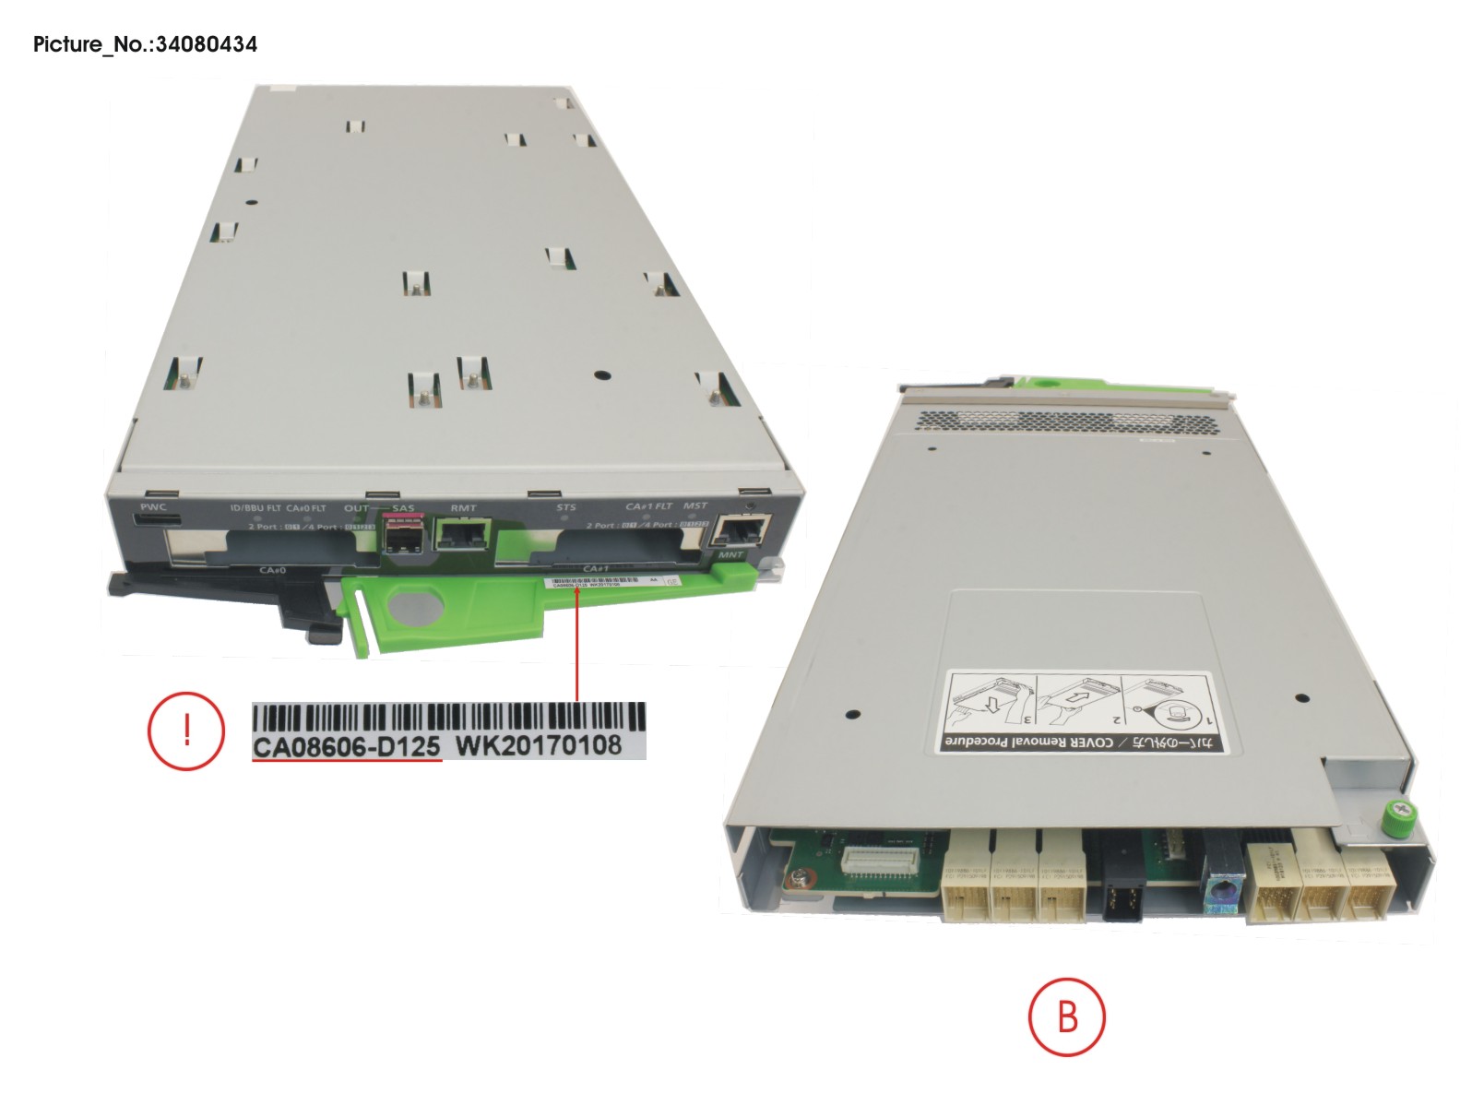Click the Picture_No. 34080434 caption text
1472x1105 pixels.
click(x=145, y=44)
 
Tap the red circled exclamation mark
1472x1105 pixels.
click(x=185, y=731)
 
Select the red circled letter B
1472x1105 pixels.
click(x=1067, y=1017)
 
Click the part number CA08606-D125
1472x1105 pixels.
click(x=347, y=746)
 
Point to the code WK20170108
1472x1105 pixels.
click(x=540, y=745)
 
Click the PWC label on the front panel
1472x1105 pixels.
click(x=153, y=507)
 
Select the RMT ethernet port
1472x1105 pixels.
click(x=463, y=532)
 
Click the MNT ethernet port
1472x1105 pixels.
click(x=743, y=529)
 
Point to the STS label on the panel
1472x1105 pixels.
click(x=566, y=507)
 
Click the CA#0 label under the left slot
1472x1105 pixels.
click(x=272, y=570)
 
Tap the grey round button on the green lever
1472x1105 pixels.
click(x=416, y=607)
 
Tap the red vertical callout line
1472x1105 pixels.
click(x=577, y=646)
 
